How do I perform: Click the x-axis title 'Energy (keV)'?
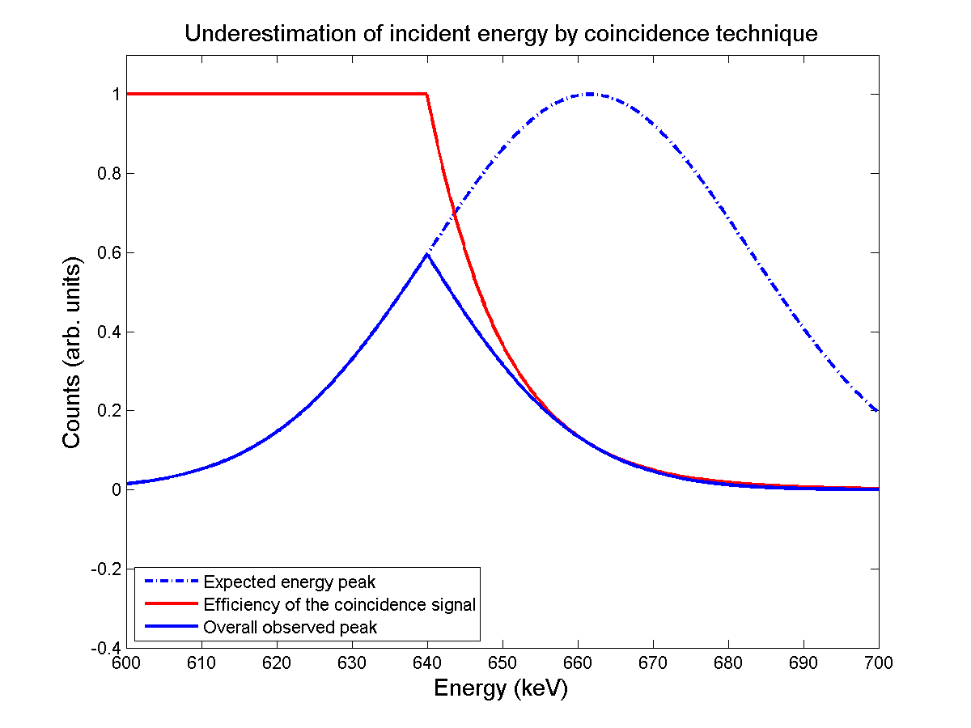[501, 688]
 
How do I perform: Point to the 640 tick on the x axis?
[427, 663]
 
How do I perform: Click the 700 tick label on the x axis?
[879, 663]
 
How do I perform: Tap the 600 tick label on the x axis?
[126, 663]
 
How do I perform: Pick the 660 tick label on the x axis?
[578, 663]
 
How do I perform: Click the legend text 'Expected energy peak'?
[290, 582]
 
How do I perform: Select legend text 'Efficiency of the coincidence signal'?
[340, 604]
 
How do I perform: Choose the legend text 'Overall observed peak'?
[290, 627]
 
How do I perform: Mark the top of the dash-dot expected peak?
[590, 94]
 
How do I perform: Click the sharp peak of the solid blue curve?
[427, 254]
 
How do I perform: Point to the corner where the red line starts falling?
[426, 94]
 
